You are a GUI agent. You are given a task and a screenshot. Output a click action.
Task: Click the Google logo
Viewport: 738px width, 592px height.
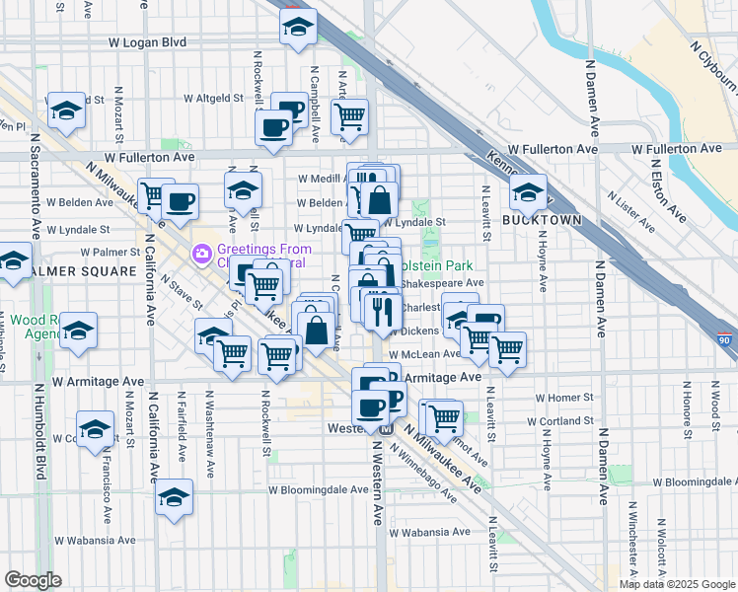coord(33,580)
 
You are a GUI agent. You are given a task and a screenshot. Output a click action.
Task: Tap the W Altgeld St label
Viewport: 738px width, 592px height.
coord(214,99)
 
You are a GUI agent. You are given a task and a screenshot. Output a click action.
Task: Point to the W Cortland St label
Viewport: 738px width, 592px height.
coord(560,420)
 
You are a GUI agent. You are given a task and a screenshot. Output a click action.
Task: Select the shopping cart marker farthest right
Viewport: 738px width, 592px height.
coord(507,348)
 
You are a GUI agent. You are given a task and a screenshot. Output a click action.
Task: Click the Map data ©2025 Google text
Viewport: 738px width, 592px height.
coord(678,584)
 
